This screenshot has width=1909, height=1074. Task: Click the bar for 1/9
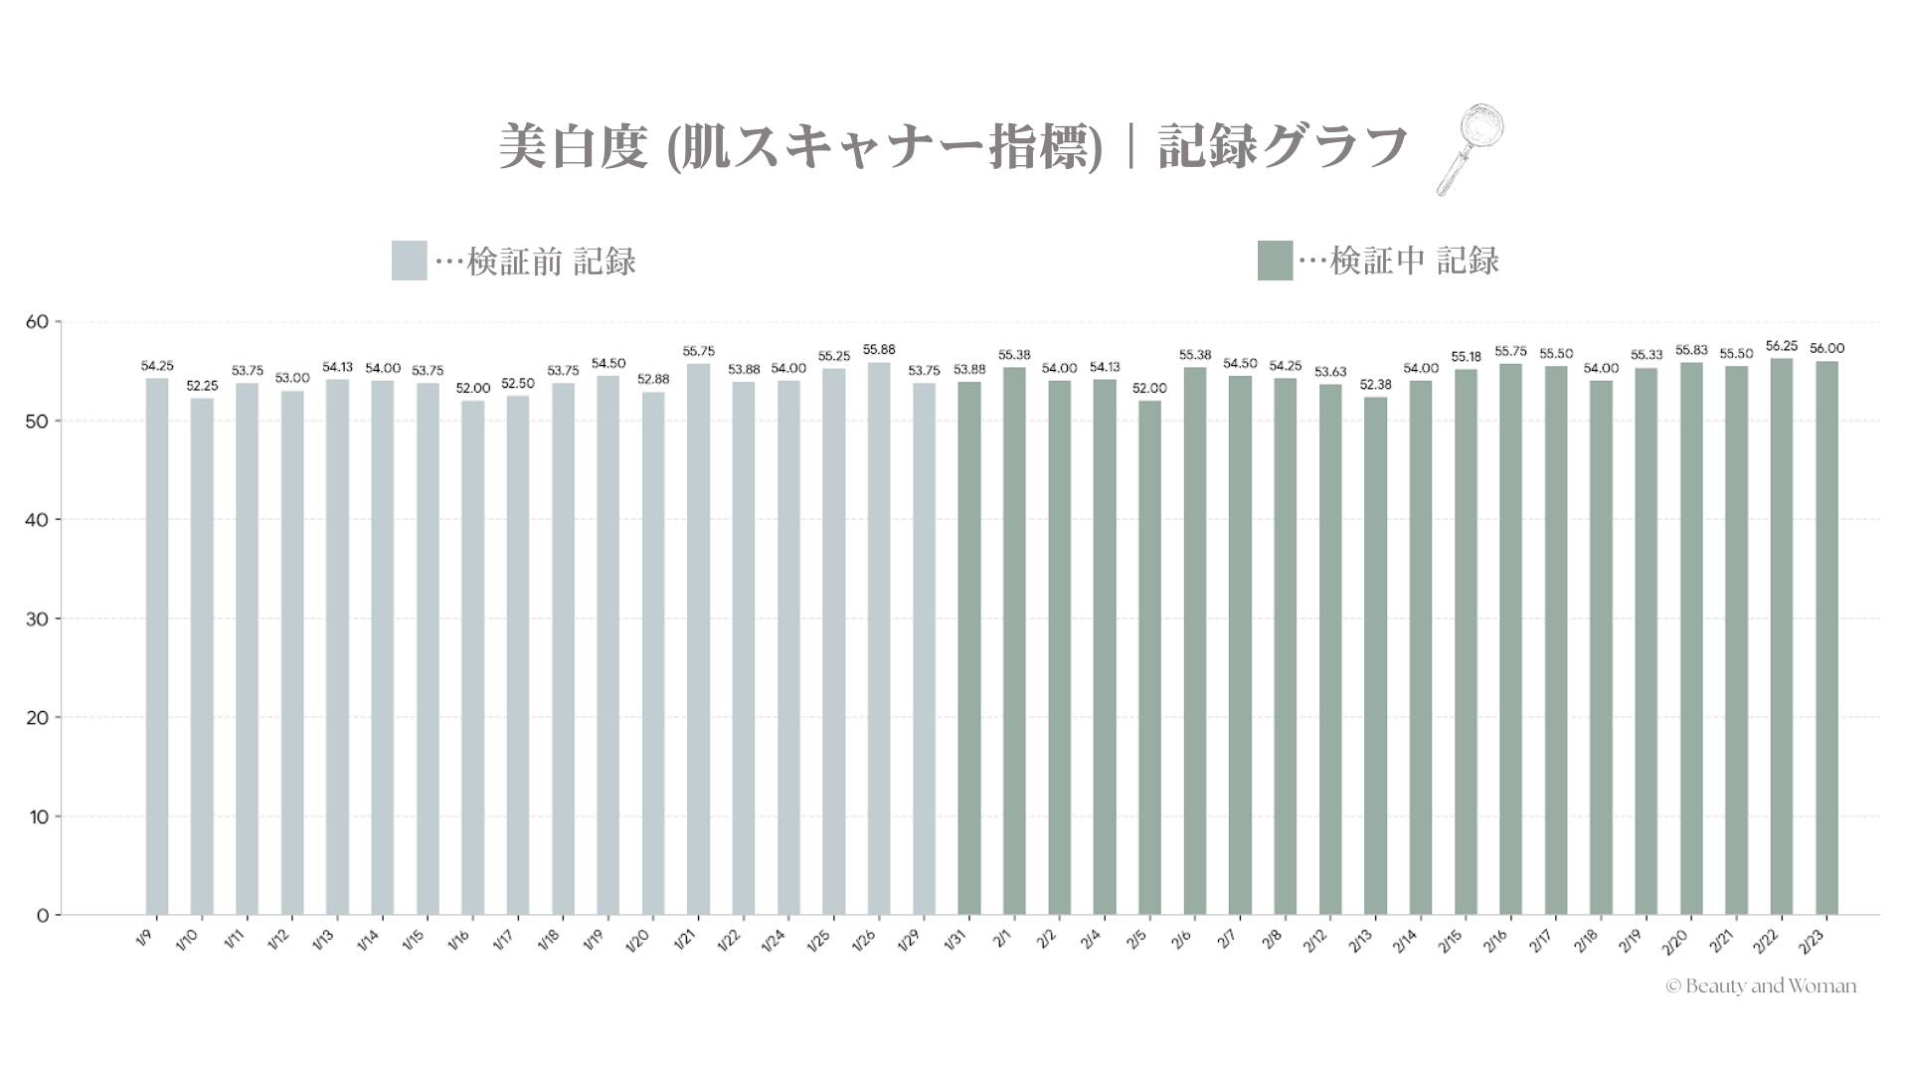157,646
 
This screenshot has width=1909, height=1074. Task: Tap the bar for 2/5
1149,657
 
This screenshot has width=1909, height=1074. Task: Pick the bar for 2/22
1781,636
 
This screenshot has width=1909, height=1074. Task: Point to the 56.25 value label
1781,346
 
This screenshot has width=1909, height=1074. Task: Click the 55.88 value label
879,350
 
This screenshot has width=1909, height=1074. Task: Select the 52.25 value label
202,386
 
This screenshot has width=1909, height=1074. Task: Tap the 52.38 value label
1375,385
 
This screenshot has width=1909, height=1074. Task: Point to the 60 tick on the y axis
38,322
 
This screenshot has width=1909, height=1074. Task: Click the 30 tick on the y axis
38,619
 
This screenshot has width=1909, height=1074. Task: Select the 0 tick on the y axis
43,916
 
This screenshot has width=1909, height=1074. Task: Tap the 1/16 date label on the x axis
459,940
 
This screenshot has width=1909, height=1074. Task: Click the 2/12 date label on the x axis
1316,940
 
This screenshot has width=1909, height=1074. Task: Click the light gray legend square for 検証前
409,261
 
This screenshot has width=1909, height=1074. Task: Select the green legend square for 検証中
1275,261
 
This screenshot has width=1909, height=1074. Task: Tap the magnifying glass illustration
1471,148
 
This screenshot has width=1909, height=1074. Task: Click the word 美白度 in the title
573,147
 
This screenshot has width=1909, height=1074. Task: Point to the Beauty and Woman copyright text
1761,986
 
